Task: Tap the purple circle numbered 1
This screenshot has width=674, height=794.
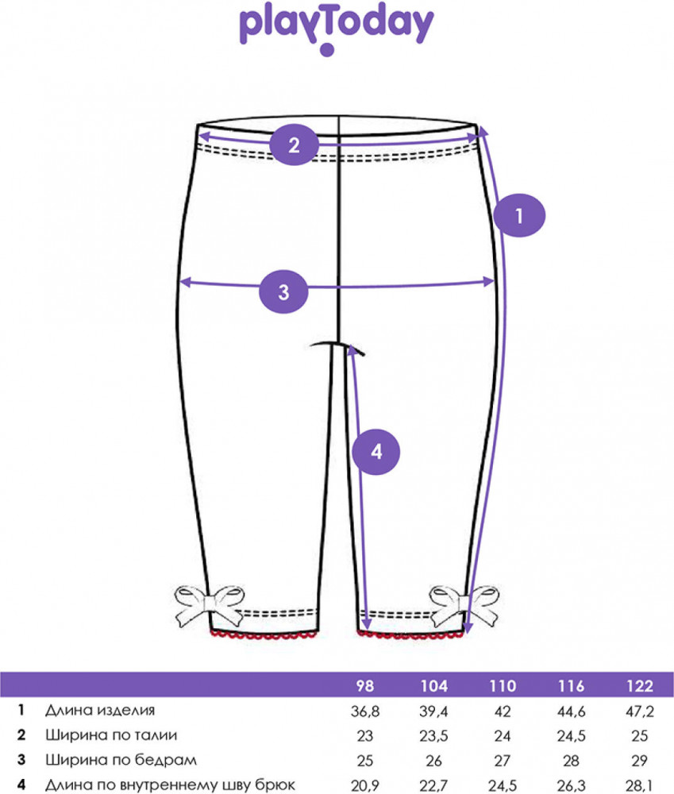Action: [x=519, y=215]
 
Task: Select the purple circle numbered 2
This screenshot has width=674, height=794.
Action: [x=294, y=145]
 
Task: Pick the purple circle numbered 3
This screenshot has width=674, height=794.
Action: [x=284, y=291]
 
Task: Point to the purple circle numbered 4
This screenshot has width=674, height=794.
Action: [x=376, y=452]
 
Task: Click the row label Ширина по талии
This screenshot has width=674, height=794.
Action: [x=110, y=734]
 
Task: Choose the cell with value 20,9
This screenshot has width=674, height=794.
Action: [x=366, y=785]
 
